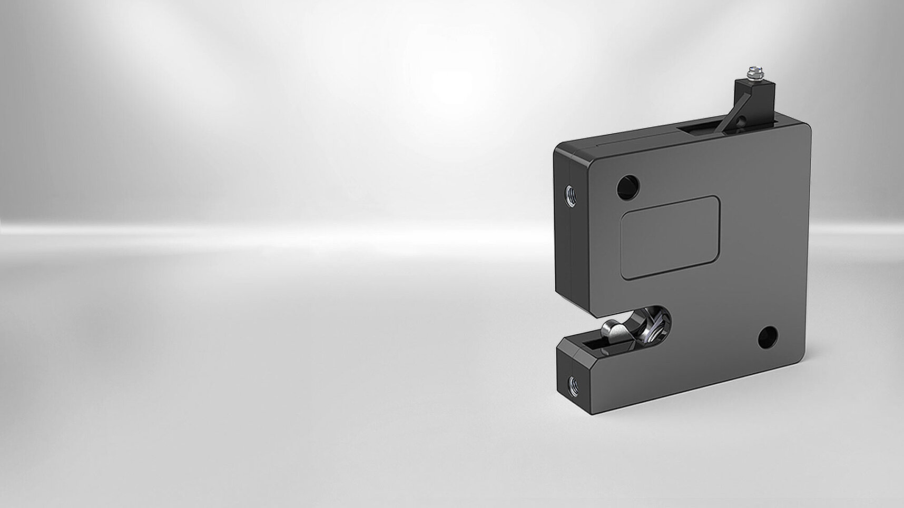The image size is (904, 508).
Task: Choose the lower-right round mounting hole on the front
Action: pos(768,337)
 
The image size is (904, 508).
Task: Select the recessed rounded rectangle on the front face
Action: pos(670,237)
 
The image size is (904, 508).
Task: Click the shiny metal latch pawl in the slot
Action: pos(613,331)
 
